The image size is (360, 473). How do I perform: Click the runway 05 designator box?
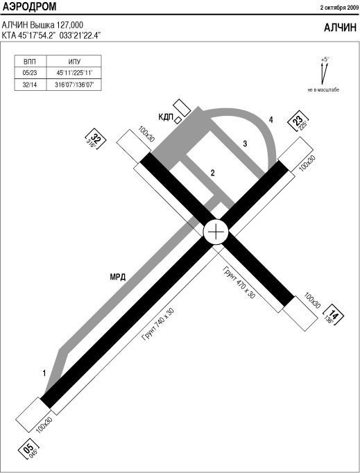[x=29, y=448]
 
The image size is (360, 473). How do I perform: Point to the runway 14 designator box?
[x=333, y=316]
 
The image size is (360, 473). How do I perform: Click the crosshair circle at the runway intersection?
[x=216, y=232]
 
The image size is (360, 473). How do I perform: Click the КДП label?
[x=166, y=117]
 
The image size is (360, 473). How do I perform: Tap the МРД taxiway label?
[x=118, y=277]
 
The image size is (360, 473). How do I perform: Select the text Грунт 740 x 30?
[x=158, y=325]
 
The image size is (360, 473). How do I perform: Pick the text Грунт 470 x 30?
[x=239, y=282]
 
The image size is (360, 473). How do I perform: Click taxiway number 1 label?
[x=44, y=373]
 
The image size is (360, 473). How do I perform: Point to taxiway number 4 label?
[x=271, y=120]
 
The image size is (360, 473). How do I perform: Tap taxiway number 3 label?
[x=245, y=144]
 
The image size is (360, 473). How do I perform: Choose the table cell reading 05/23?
[x=30, y=73]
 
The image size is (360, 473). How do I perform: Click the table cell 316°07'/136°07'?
[x=74, y=85]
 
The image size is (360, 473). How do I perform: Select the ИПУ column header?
[x=74, y=62]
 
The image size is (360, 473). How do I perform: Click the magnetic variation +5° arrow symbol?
[x=324, y=72]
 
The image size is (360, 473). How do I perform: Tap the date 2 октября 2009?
[x=339, y=8]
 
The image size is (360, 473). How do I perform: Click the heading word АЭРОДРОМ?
[x=29, y=7]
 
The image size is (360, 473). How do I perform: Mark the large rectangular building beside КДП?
[x=182, y=108]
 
